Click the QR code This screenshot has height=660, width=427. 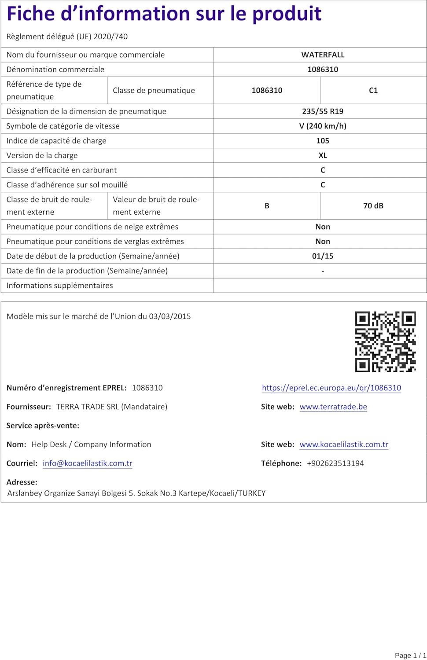tap(385, 341)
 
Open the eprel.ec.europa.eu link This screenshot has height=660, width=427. tap(331, 388)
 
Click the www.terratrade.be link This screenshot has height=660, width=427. tap(333, 407)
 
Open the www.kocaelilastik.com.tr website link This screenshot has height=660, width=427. tap(344, 444)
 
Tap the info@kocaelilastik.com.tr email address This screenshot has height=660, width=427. tap(88, 463)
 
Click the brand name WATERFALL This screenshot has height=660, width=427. tap(323, 55)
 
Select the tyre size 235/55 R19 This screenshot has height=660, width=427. tap(323, 111)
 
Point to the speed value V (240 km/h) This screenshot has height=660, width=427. tap(323, 126)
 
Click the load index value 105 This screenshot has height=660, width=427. tap(323, 141)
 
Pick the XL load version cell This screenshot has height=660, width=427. tap(323, 155)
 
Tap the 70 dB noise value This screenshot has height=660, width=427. tap(373, 205)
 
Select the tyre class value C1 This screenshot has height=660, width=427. tap(373, 90)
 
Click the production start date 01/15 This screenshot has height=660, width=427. tap(323, 256)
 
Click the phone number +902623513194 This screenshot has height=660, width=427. tap(335, 463)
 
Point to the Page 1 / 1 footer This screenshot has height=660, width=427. tap(410, 655)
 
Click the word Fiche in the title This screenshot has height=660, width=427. tap(30, 14)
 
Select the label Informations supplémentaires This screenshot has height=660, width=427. tap(59, 286)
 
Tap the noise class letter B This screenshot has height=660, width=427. tap(267, 205)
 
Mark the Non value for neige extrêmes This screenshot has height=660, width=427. tap(323, 227)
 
